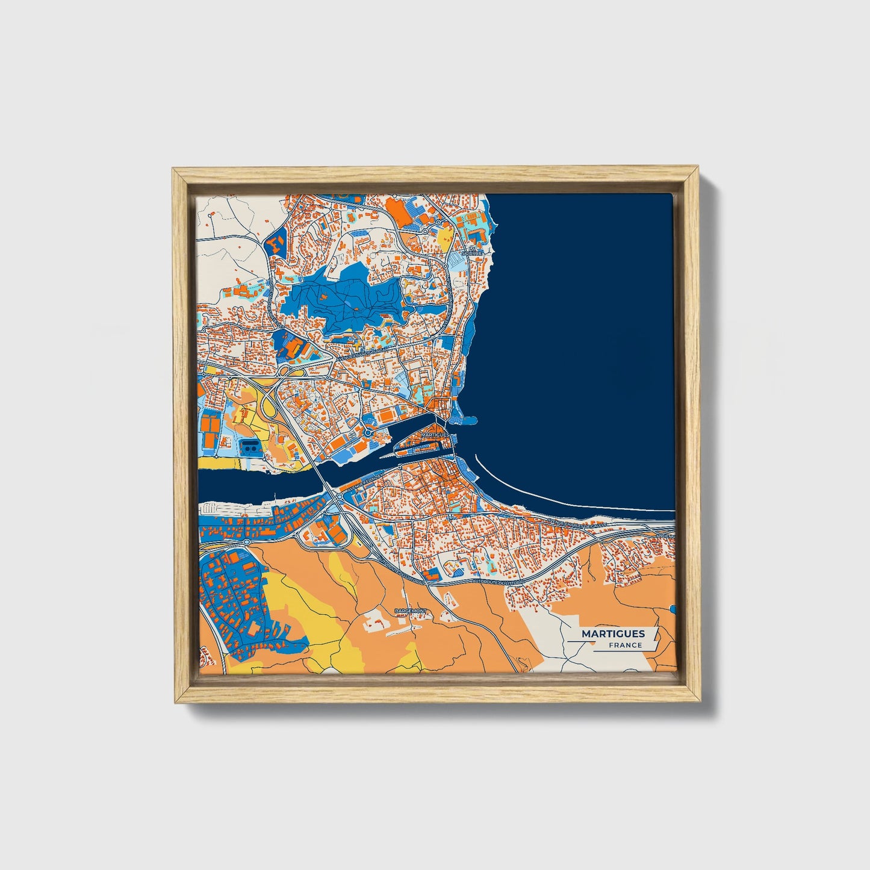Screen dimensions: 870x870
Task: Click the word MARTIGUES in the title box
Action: point(613,633)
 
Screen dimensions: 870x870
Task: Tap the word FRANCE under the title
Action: point(625,645)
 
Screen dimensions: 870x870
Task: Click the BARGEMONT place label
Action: point(410,611)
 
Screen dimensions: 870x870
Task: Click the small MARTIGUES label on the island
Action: point(435,434)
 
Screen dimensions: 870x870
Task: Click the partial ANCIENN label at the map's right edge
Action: point(665,535)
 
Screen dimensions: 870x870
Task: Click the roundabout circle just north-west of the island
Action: point(367,432)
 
